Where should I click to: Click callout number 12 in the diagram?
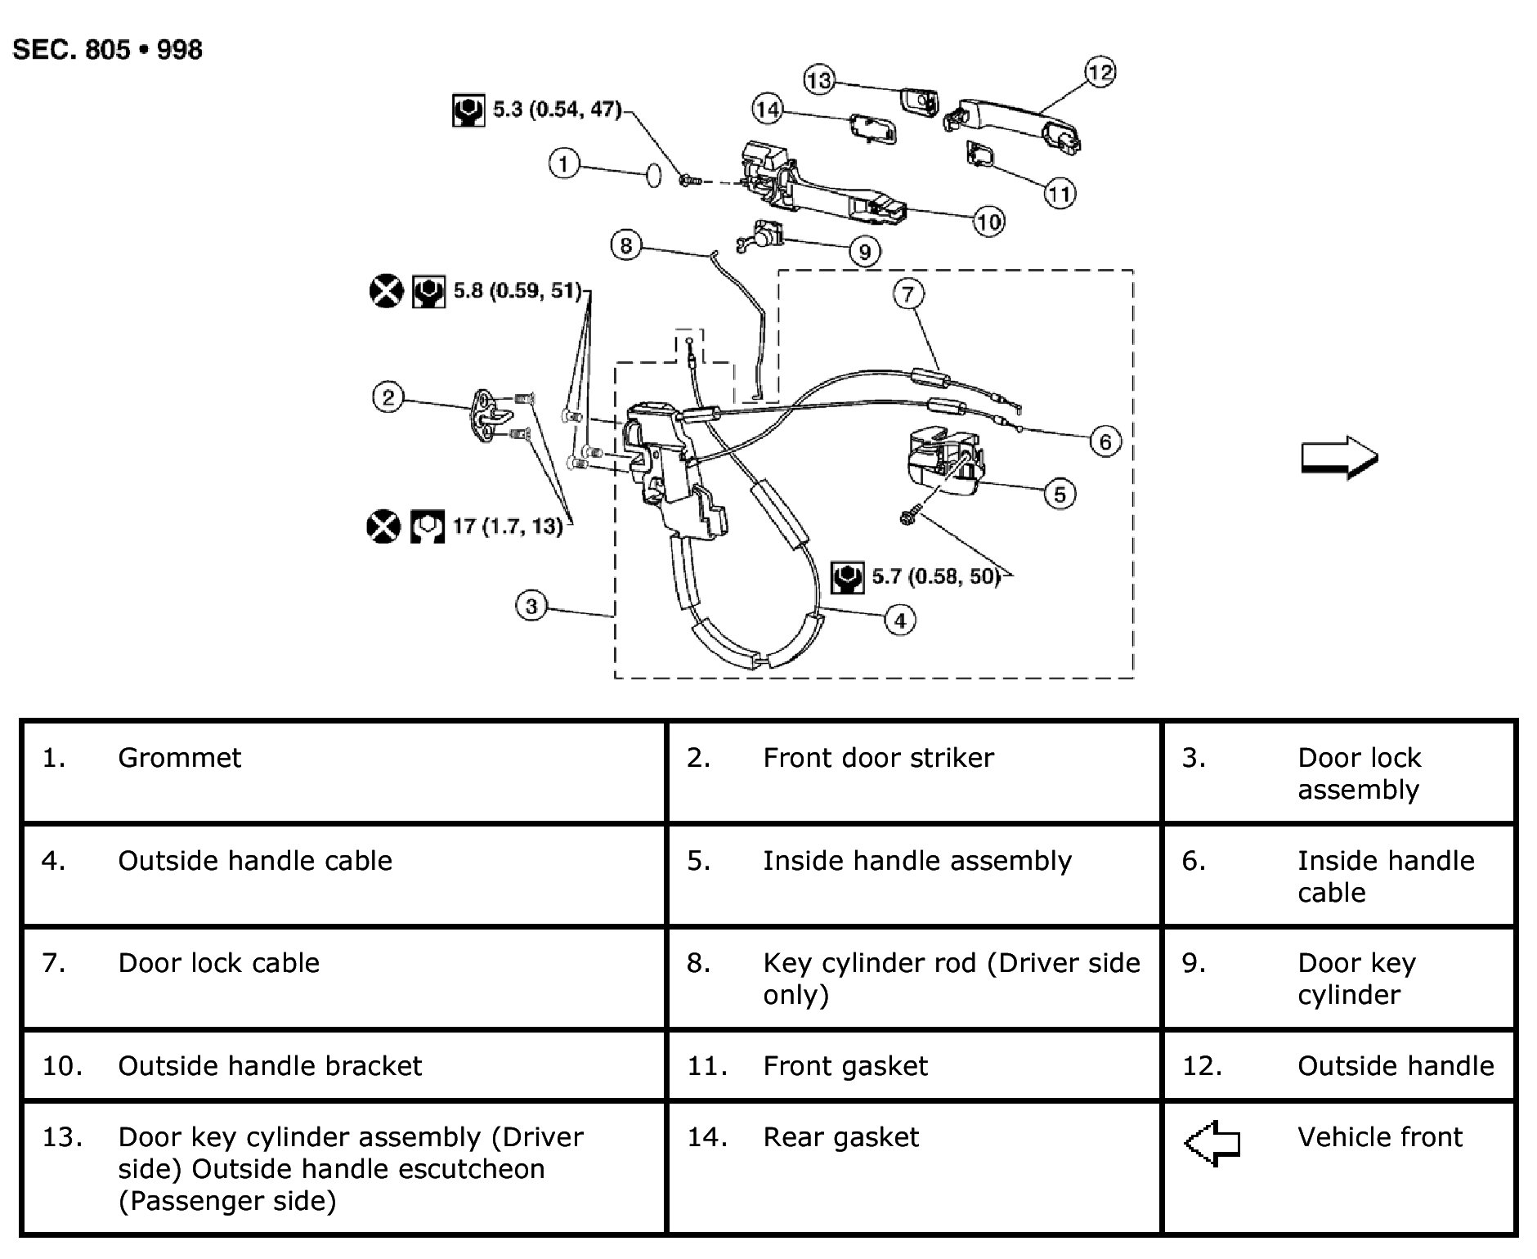coord(1100,73)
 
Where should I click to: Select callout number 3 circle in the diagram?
coord(531,607)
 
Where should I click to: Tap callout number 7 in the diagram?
coord(908,293)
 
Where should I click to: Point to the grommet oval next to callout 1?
coord(653,175)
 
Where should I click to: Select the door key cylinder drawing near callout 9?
coord(760,237)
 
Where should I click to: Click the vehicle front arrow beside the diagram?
coord(1339,459)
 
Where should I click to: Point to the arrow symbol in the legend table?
coord(1212,1142)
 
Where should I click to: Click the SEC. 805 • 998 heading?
coord(108,50)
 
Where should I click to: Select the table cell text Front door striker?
coord(878,758)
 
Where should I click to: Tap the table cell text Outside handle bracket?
coord(270,1066)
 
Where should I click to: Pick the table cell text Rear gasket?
coord(840,1137)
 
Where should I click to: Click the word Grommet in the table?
coord(180,758)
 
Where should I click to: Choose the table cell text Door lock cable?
coord(218,963)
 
